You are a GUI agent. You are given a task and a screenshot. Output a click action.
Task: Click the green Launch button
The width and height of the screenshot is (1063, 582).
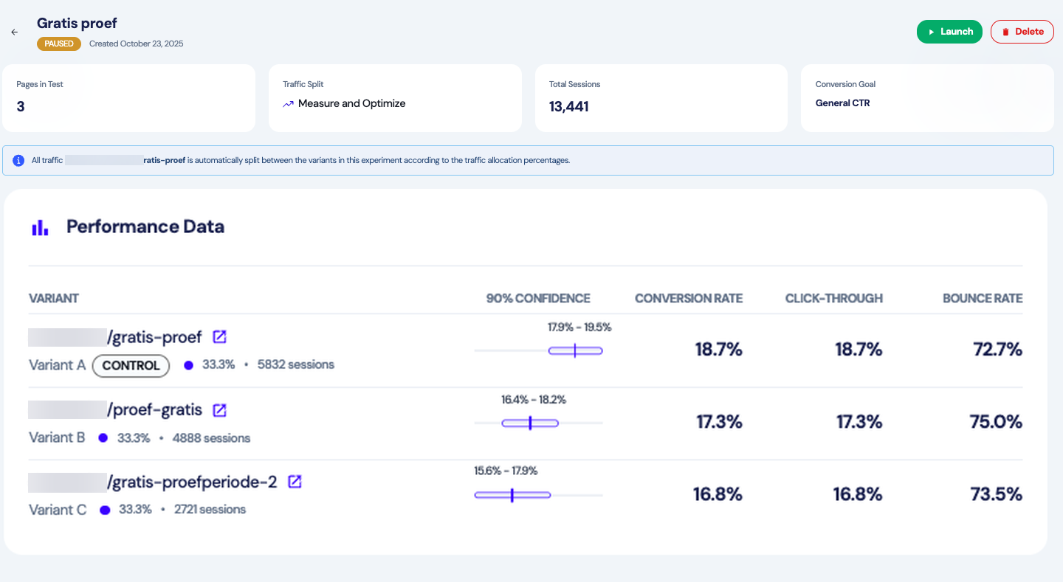tap(949, 32)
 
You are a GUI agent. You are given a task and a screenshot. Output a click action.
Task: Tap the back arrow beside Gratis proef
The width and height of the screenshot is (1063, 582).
tap(14, 32)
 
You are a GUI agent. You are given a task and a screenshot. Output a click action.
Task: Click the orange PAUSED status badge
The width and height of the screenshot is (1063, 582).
tap(59, 44)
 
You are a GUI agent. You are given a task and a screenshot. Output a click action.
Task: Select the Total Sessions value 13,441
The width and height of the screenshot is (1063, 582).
tap(568, 107)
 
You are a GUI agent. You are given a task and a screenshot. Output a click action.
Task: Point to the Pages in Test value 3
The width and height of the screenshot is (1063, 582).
tap(21, 107)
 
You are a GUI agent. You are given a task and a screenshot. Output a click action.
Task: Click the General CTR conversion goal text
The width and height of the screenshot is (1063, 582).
tap(842, 103)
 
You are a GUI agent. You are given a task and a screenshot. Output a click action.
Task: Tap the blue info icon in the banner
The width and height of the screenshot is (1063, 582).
tap(18, 160)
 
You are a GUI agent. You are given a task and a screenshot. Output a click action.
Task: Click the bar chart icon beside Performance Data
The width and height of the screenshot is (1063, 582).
tap(40, 227)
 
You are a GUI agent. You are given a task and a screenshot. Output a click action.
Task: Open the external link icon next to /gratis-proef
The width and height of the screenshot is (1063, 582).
tap(219, 337)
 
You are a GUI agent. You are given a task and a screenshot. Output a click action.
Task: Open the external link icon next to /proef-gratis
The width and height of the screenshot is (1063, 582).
tap(219, 410)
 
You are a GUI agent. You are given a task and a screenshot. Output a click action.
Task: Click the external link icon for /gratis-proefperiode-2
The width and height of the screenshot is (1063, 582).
tap(295, 482)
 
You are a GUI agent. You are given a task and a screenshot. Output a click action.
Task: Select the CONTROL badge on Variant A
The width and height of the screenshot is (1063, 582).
tap(131, 365)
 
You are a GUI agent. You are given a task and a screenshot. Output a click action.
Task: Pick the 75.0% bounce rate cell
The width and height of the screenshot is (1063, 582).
tap(995, 422)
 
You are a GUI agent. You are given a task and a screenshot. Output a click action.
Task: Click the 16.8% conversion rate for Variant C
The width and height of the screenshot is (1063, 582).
tap(717, 494)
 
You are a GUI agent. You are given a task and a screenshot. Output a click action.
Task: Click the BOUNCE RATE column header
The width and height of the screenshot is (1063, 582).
tap(982, 299)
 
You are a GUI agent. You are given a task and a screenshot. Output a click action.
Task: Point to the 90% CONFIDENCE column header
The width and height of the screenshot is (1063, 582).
tap(537, 299)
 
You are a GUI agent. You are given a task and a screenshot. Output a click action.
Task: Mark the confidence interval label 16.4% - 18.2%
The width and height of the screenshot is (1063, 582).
tap(533, 400)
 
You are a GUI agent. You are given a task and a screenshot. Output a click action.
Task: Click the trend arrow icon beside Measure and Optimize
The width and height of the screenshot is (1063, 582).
tap(288, 105)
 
